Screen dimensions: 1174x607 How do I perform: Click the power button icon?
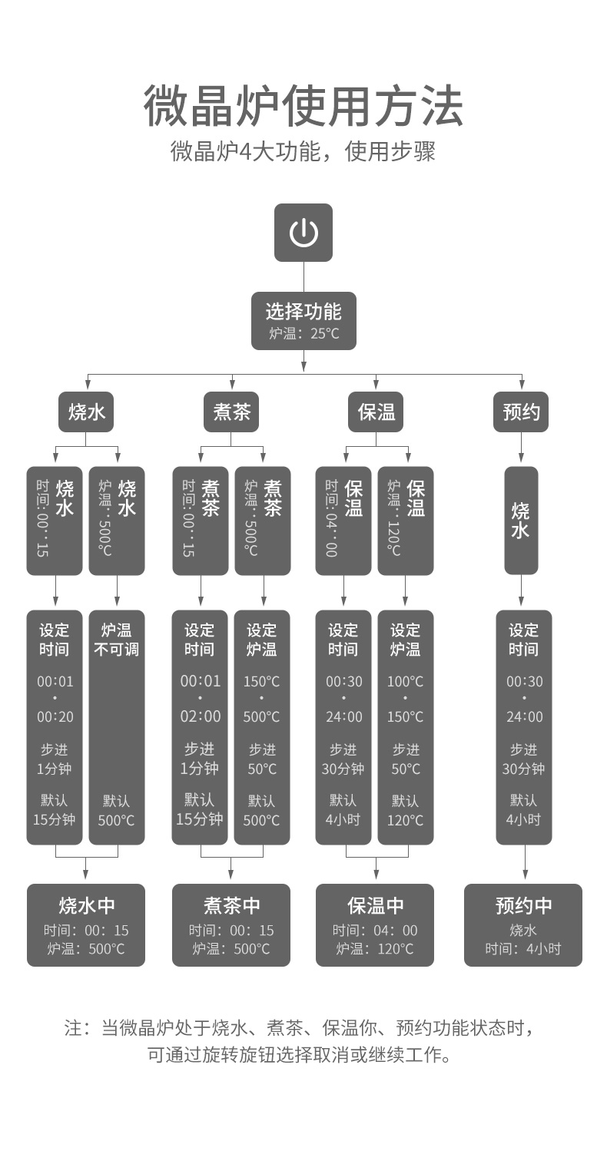click(x=303, y=232)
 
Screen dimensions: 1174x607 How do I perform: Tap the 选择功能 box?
click(x=303, y=320)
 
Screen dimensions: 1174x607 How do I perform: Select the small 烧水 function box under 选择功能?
click(x=86, y=412)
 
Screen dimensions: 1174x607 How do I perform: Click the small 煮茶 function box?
click(x=231, y=412)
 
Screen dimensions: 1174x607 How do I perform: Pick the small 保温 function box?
click(x=376, y=412)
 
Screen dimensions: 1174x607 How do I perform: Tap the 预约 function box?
click(x=521, y=412)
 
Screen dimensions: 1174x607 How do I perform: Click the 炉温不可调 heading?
click(x=117, y=640)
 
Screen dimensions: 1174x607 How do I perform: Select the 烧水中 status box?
click(x=86, y=924)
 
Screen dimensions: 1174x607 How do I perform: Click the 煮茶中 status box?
click(x=231, y=924)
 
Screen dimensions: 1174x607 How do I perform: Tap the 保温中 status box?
click(x=375, y=924)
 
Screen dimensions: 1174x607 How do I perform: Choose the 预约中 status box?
click(x=523, y=924)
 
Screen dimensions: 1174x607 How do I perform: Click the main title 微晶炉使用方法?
click(x=303, y=106)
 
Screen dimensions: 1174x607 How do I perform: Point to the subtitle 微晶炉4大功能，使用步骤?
click(x=303, y=151)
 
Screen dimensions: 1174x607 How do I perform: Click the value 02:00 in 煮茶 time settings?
click(x=200, y=716)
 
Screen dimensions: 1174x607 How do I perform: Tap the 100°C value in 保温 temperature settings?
click(x=406, y=681)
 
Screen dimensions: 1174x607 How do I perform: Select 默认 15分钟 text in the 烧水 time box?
click(x=54, y=810)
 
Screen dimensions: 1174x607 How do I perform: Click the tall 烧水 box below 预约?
click(x=521, y=520)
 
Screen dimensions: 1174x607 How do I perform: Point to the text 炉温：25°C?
click(x=303, y=334)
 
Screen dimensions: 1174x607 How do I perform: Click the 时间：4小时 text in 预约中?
click(x=523, y=949)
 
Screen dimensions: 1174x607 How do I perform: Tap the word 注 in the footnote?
click(x=73, y=1028)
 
